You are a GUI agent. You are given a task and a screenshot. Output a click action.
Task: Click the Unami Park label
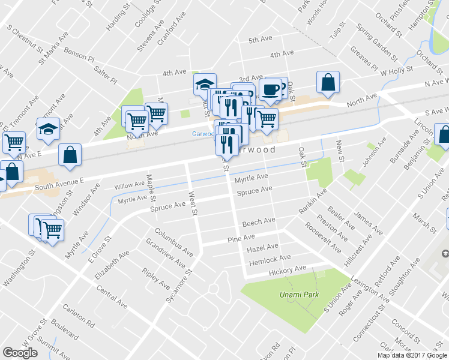[294, 295]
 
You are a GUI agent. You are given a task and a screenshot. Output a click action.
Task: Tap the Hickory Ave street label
[288, 271]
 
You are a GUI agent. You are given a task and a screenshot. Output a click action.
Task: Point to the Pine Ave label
[241, 238]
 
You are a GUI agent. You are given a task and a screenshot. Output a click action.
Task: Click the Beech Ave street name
[259, 222]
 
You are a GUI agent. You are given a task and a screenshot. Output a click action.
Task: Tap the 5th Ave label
[261, 40]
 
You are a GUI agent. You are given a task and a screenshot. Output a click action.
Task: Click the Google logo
[20, 353]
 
